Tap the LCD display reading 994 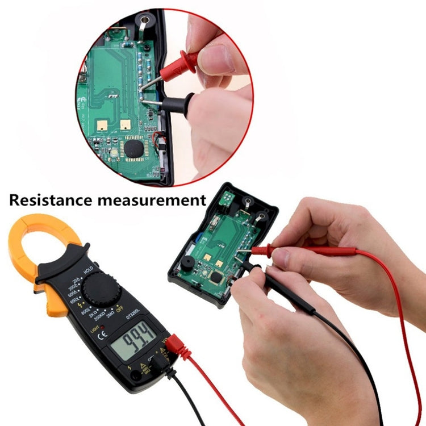click(133, 344)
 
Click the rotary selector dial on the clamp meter click(101, 290)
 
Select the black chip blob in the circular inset click(134, 149)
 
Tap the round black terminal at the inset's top click(145, 21)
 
